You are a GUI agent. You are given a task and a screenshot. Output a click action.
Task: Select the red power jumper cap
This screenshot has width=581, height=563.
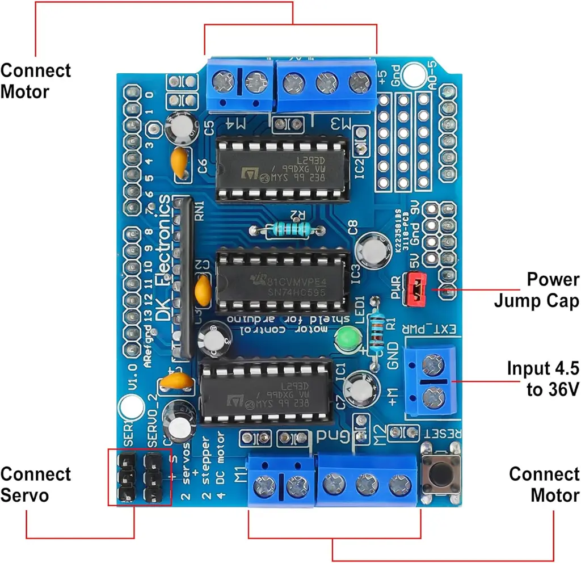tap(416, 288)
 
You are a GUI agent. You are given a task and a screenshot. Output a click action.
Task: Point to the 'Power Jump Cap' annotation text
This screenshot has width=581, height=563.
tap(536, 290)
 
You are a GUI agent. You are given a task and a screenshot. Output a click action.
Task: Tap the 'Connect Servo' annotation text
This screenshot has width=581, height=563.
tap(36, 484)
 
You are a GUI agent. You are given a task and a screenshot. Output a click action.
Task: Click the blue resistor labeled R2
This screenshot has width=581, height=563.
tap(287, 229)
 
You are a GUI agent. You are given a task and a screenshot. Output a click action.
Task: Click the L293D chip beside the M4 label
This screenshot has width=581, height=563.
tap(282, 169)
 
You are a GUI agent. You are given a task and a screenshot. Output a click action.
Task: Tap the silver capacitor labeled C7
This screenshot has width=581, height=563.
tap(360, 387)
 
